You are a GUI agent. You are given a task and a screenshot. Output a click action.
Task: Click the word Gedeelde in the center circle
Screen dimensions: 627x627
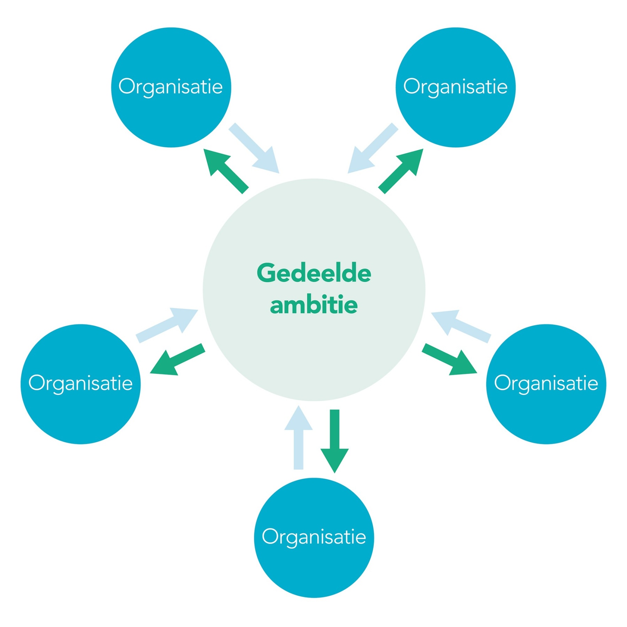coord(314,273)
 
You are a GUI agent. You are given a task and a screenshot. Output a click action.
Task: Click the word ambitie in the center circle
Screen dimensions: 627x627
coord(314,305)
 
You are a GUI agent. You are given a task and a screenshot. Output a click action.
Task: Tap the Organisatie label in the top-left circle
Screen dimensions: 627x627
coord(170,86)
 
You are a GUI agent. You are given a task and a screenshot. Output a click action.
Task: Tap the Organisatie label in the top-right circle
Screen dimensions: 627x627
coord(455,86)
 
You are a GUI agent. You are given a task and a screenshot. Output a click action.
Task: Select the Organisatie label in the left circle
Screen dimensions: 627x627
coord(80,383)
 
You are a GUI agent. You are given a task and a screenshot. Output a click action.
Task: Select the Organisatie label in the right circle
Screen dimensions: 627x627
coord(546,383)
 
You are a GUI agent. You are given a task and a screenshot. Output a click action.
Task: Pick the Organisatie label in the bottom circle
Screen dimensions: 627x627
coord(314,536)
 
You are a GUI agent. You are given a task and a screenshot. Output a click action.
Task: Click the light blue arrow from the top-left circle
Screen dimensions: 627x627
coord(254,148)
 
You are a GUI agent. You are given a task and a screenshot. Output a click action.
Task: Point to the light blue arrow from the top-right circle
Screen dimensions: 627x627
coord(373,148)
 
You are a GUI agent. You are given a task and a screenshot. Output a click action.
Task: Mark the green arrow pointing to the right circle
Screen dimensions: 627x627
coord(449,359)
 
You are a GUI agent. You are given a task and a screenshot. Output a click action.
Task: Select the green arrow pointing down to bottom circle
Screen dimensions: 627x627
coord(334,441)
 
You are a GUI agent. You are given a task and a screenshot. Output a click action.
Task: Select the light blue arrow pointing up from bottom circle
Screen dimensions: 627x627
coord(299,437)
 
